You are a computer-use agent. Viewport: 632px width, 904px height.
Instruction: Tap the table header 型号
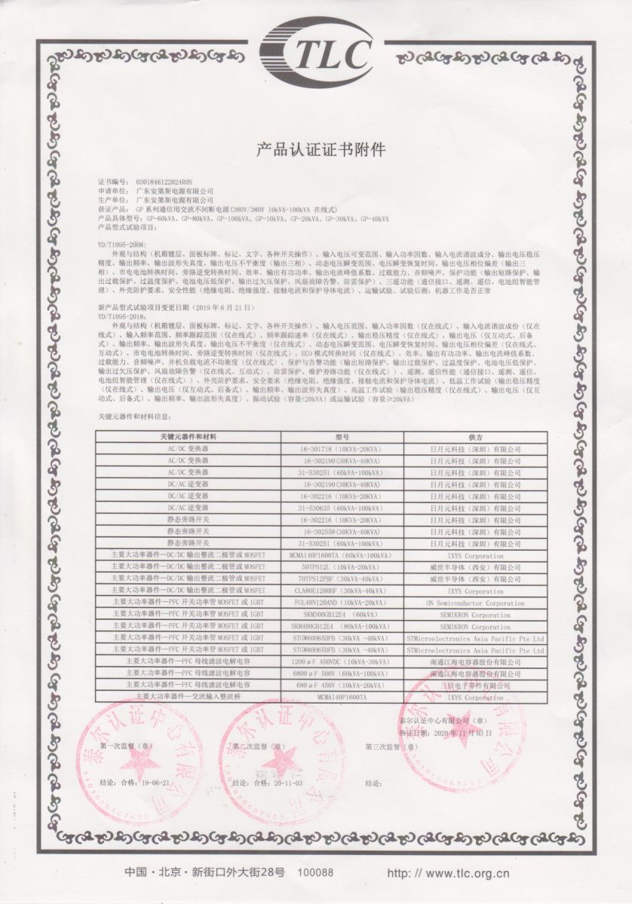click(342, 437)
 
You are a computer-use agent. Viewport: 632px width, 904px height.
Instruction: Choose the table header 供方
click(475, 437)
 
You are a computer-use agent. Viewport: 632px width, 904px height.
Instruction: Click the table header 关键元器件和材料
click(188, 437)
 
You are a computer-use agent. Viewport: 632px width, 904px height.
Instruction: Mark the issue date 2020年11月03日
click(460, 733)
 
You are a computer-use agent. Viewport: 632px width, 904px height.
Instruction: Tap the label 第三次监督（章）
click(391, 747)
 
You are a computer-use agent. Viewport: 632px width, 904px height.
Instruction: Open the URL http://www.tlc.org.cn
click(448, 874)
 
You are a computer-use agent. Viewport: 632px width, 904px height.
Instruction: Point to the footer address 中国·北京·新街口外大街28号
click(205, 872)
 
